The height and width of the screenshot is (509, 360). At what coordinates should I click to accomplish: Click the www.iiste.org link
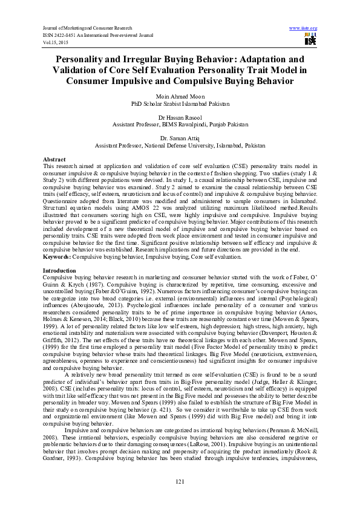point(303,28)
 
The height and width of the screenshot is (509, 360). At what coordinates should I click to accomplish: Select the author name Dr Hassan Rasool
point(180,117)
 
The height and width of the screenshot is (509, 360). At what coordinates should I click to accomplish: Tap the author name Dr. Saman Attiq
point(180,138)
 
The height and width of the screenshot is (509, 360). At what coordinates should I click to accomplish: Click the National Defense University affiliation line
point(180,145)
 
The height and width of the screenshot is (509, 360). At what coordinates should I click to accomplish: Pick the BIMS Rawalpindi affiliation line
point(180,124)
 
